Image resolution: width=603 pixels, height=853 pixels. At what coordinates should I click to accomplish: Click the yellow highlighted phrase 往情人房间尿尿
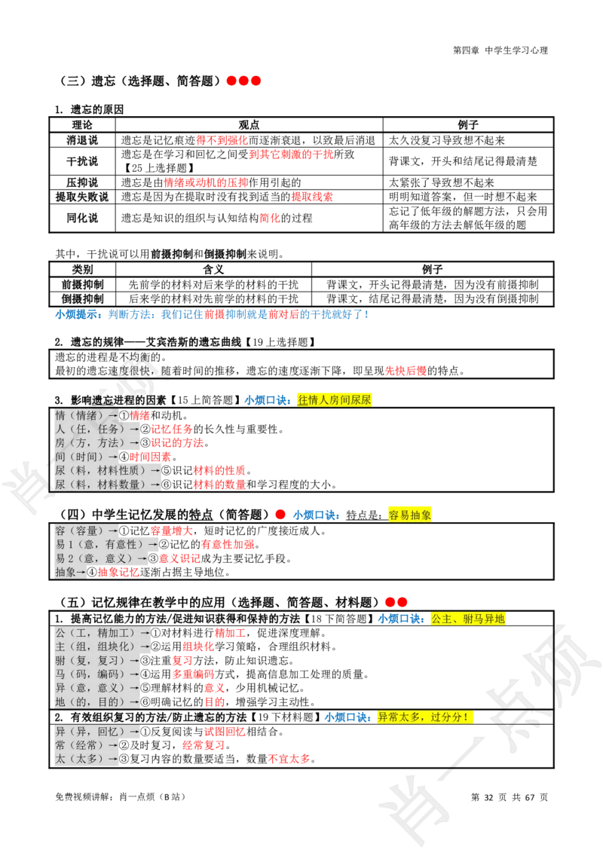point(335,400)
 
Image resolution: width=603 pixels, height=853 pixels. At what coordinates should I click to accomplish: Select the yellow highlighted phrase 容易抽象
point(410,515)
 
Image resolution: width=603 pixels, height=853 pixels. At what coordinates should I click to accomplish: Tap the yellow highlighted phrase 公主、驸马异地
point(467,619)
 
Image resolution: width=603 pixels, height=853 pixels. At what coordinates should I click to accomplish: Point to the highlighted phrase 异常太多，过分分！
point(425,717)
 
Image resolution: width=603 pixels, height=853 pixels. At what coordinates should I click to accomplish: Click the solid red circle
point(280,514)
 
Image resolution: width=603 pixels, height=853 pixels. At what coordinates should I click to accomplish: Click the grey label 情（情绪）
point(86,415)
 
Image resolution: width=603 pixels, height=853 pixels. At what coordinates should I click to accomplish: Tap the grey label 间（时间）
point(86,457)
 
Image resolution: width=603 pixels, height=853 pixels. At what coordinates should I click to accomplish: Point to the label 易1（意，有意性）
point(106,544)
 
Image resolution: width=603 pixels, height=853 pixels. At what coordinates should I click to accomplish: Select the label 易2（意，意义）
point(100,558)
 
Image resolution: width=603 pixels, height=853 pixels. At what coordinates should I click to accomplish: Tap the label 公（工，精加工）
point(102,632)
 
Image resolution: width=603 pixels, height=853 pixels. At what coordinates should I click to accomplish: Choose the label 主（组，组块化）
point(102,647)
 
